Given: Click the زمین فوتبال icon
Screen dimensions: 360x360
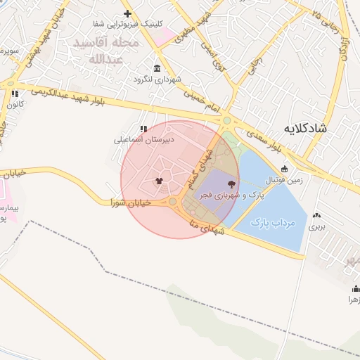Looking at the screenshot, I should pyautogui.click(x=284, y=169).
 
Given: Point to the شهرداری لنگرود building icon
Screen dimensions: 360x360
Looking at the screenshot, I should pyautogui.click(x=155, y=68).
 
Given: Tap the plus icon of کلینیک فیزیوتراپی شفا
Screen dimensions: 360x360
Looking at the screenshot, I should pyautogui.click(x=127, y=13).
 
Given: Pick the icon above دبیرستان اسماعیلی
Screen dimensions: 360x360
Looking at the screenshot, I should pyautogui.click(x=144, y=129).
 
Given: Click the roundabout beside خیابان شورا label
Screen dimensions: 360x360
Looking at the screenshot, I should pyautogui.click(x=173, y=202).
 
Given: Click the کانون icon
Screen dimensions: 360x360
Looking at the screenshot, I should pyautogui.click(x=14, y=94).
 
